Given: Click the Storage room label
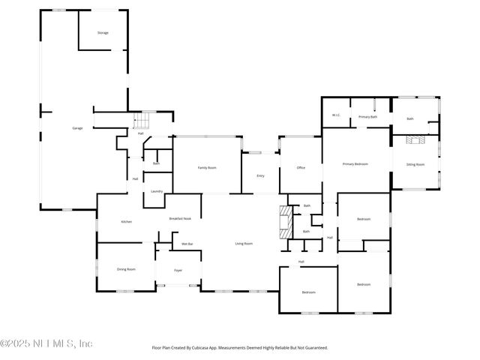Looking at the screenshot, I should (103, 33).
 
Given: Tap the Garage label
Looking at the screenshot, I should (77, 128).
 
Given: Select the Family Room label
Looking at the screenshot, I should (207, 167).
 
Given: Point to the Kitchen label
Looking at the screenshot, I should (127, 221).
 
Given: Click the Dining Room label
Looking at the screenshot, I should (126, 268).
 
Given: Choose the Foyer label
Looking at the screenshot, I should (178, 270).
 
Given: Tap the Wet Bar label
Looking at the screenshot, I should (187, 244).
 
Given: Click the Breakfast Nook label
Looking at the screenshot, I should (180, 217).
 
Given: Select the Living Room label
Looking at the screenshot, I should (244, 244).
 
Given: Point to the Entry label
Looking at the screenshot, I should (260, 175).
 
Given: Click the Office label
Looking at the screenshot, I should (301, 167).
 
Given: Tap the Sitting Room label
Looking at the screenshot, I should (415, 163).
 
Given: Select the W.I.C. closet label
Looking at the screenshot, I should (337, 115).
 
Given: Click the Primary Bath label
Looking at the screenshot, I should (367, 117).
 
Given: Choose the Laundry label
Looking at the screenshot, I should (157, 191).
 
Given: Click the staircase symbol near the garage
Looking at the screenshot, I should (142, 121).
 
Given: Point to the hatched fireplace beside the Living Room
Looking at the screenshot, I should (284, 223).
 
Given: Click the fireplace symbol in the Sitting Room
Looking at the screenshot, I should (415, 140).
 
